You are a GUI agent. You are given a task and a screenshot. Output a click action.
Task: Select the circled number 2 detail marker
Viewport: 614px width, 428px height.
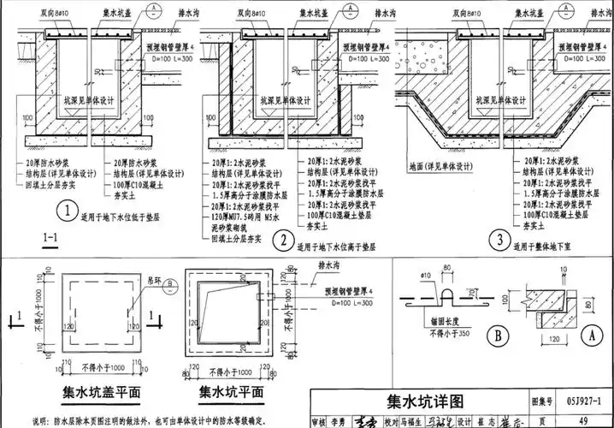click(281, 240)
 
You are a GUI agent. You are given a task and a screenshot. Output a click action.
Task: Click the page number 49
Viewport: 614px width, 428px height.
click(582, 420)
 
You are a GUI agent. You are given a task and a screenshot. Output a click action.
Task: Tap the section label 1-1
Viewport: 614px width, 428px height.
click(50, 239)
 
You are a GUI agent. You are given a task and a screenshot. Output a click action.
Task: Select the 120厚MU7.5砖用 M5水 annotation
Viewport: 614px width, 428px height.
click(248, 217)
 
